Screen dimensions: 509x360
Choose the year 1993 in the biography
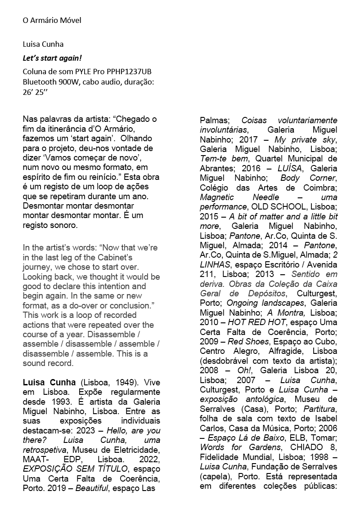(x=58, y=402)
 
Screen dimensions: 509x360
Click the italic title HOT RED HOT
(x=256, y=322)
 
